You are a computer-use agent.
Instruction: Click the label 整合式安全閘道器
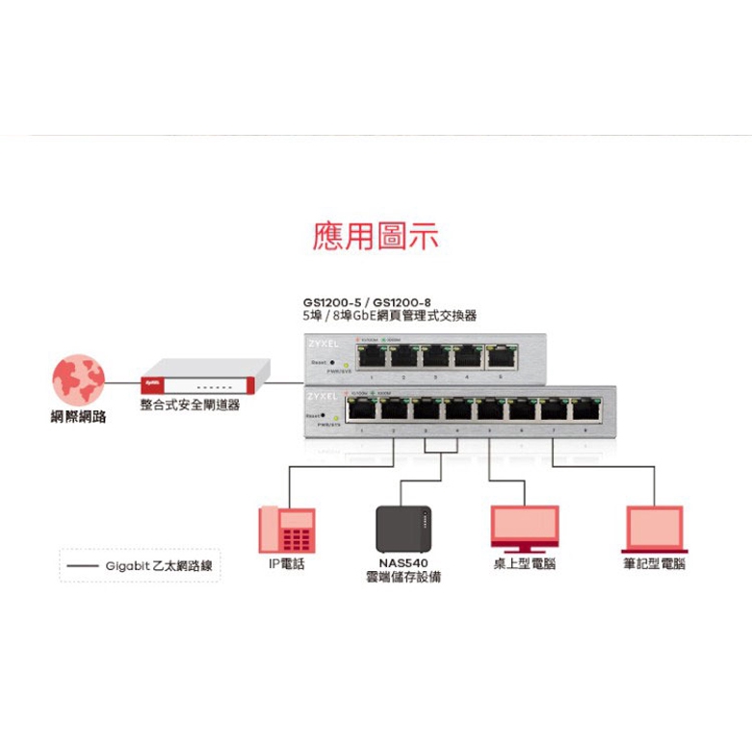pyautogui.click(x=190, y=405)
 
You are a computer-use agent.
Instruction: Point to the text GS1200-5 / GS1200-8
pyautogui.click(x=365, y=300)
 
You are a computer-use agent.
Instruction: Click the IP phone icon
pyautogui.click(x=287, y=531)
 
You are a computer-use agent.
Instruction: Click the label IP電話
pyautogui.click(x=287, y=564)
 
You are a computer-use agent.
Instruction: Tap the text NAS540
pyautogui.click(x=402, y=563)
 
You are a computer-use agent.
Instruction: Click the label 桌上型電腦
pyautogui.click(x=525, y=564)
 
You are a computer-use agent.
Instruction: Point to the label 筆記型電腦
pyautogui.click(x=654, y=564)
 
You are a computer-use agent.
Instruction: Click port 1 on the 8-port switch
pyautogui.click(x=361, y=409)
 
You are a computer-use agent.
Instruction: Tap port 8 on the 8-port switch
pyautogui.click(x=583, y=409)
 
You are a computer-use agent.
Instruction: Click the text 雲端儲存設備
pyautogui.click(x=403, y=578)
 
